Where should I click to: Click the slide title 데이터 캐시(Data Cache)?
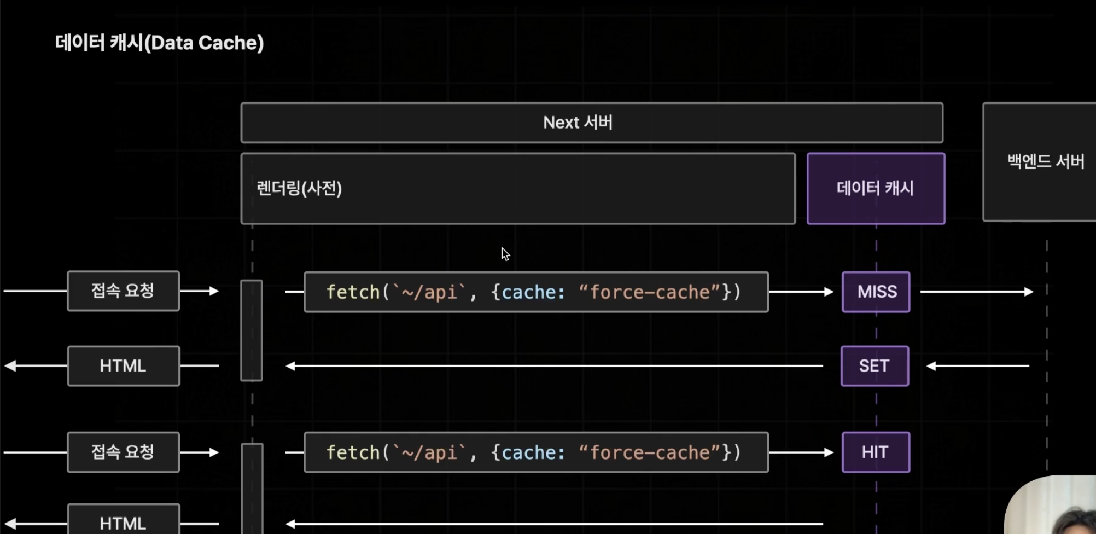point(159,43)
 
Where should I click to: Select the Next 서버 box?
point(591,123)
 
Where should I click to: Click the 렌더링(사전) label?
point(299,188)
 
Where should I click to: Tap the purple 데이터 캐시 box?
point(876,188)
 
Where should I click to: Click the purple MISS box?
point(876,292)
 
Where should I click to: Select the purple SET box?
point(875,366)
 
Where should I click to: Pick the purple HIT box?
point(876,452)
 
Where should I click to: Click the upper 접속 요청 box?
point(123,291)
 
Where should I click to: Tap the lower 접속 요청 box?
point(123,452)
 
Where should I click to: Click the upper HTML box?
point(123,366)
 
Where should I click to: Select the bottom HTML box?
point(123,521)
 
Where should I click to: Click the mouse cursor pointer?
point(505,254)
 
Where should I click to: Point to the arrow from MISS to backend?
point(977,292)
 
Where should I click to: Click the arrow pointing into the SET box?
point(978,366)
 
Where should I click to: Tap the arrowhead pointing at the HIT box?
point(829,452)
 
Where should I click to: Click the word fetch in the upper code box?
point(353,292)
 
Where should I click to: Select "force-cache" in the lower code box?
point(650,452)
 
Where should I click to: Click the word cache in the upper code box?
point(528,292)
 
